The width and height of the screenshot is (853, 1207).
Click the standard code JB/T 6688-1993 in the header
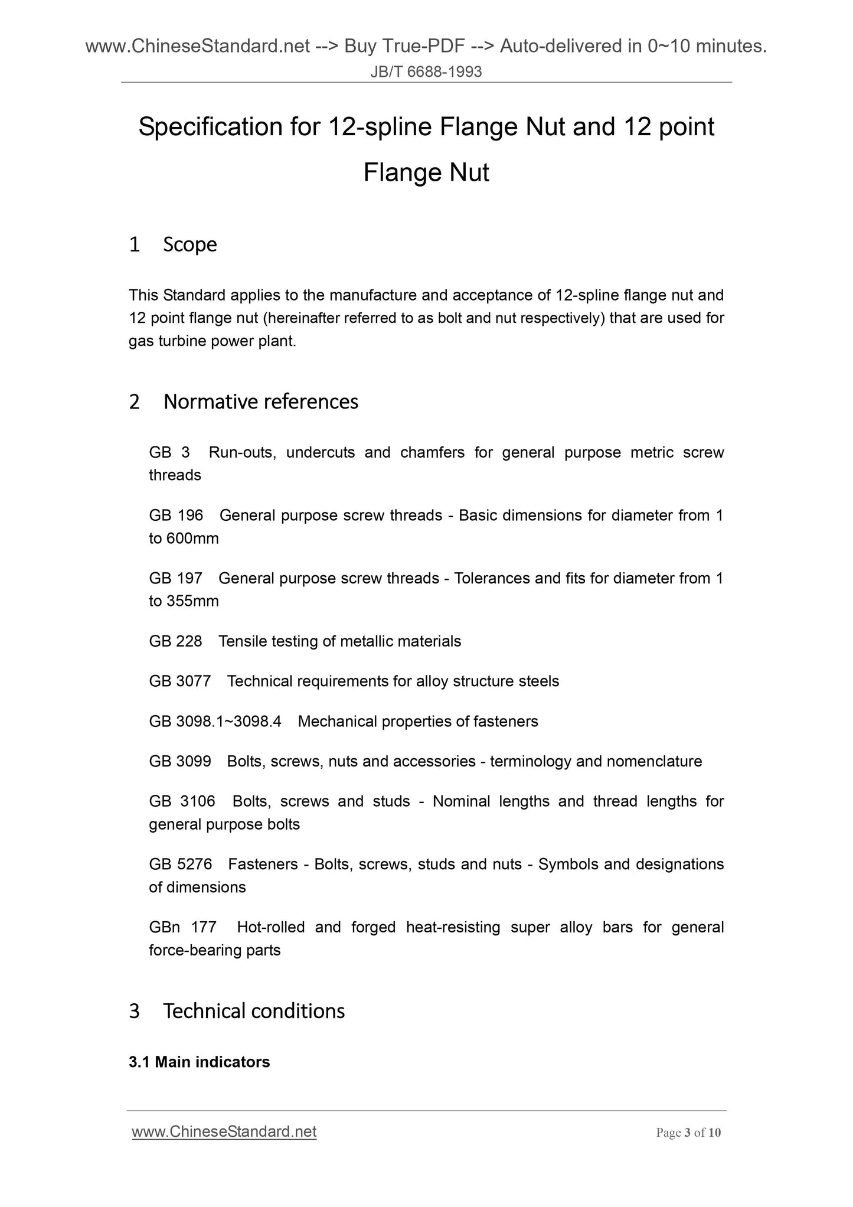[x=426, y=72]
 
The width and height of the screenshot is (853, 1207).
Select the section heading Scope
[x=189, y=244]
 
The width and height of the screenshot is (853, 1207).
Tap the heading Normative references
[x=261, y=402]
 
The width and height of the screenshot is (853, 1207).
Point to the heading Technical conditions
[x=254, y=1011]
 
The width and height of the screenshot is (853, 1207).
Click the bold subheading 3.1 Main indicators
[x=199, y=1062]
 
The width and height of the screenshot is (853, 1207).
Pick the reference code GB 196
[x=176, y=516]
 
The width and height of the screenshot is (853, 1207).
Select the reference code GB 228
[x=175, y=641]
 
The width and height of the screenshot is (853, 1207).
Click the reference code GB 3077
[x=179, y=681]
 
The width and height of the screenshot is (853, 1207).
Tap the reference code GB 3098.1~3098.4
[x=215, y=722]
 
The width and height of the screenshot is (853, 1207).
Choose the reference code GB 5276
[x=180, y=865]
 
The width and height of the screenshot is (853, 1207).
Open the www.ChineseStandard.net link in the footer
[x=224, y=1131]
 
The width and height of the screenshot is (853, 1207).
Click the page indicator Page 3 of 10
[x=688, y=1133]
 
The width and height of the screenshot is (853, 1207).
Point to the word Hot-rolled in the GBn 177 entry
[x=270, y=927]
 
